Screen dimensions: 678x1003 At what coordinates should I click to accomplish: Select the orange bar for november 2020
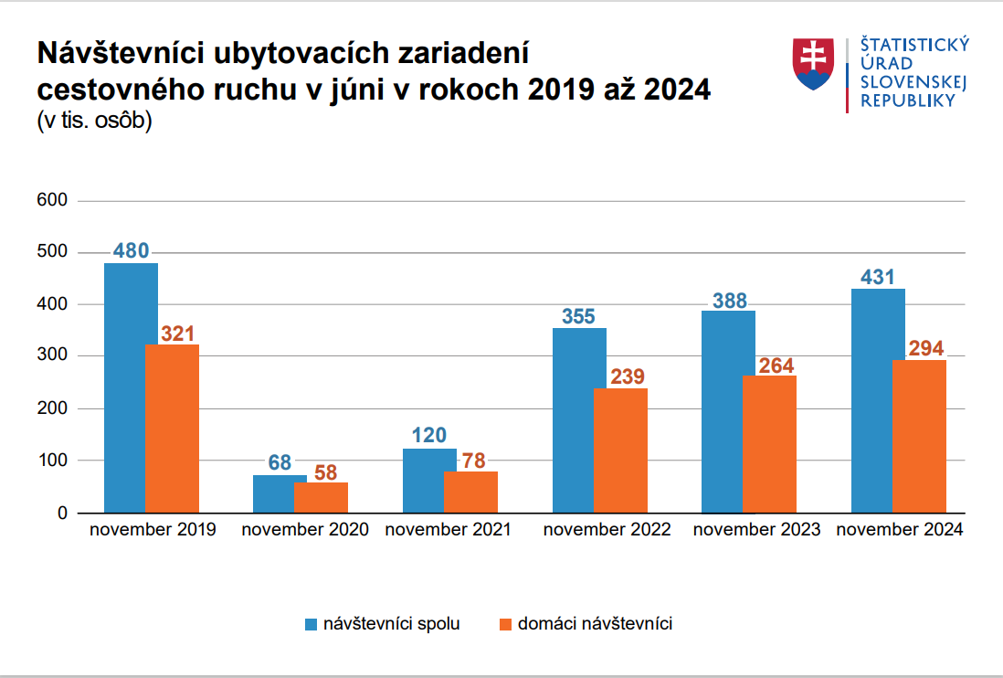[x=321, y=497]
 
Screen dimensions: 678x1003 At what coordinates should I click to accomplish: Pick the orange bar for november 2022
[x=620, y=450]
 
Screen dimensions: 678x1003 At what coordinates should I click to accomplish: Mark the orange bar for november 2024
[x=919, y=436]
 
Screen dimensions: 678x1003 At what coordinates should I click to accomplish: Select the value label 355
[x=578, y=317]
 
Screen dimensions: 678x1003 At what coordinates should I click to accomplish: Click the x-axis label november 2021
[x=449, y=530]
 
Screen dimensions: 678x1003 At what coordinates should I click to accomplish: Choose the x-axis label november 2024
[x=899, y=530]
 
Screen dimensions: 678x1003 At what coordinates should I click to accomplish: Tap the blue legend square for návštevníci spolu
[x=311, y=625]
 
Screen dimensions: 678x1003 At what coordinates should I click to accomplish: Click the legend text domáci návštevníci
[x=595, y=624]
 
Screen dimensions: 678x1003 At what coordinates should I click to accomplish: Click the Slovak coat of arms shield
[x=812, y=64]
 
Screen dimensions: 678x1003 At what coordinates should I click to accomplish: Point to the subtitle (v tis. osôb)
[x=94, y=121]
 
